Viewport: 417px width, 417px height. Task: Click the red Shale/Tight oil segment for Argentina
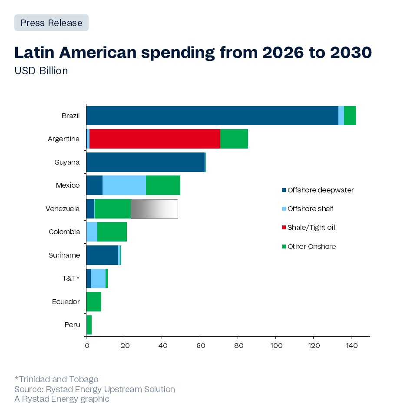(x=155, y=139)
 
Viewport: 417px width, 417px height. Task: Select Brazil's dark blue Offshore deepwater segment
(x=212, y=116)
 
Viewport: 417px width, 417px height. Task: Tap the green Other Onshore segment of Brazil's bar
(x=350, y=116)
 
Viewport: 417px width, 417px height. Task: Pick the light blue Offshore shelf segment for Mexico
(x=124, y=185)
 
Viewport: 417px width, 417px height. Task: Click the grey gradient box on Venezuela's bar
(x=154, y=209)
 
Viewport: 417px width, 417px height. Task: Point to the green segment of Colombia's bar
(x=112, y=232)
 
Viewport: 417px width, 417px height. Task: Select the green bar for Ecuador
(x=94, y=301)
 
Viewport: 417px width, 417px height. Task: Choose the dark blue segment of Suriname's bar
(x=102, y=255)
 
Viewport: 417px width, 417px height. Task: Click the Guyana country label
(x=67, y=162)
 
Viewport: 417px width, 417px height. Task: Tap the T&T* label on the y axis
(x=71, y=278)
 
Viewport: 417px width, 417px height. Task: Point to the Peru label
(x=72, y=324)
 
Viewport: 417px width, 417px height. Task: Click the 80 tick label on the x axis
(x=238, y=346)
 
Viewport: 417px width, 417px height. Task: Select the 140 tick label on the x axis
(x=351, y=346)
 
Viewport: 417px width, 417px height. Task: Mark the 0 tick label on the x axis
(x=86, y=346)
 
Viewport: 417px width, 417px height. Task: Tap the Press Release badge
(x=51, y=23)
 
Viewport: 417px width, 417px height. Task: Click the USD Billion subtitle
(x=41, y=71)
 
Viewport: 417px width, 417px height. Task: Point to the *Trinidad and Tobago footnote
(x=56, y=380)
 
